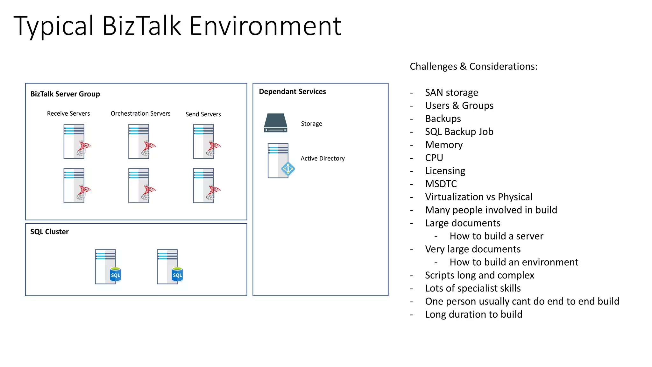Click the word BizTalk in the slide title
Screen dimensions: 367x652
(x=141, y=26)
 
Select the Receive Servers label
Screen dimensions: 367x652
(x=68, y=114)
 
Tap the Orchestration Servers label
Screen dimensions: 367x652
(x=140, y=114)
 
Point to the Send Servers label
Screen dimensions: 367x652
(x=203, y=114)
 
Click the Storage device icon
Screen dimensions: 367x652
(x=276, y=123)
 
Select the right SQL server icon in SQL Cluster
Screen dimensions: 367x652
(x=169, y=267)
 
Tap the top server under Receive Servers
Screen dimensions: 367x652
(x=76, y=141)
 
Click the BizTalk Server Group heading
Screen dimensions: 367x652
(x=65, y=94)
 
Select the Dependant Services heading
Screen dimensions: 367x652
(x=292, y=92)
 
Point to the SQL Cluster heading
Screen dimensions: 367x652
(x=49, y=232)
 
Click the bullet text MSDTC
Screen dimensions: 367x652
(x=441, y=184)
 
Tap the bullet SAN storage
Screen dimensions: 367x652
(x=451, y=93)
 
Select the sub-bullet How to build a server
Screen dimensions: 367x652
(x=496, y=236)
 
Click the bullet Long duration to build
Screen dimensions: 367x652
(x=473, y=315)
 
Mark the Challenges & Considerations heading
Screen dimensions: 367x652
(x=473, y=67)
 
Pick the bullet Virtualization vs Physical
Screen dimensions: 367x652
(x=478, y=197)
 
